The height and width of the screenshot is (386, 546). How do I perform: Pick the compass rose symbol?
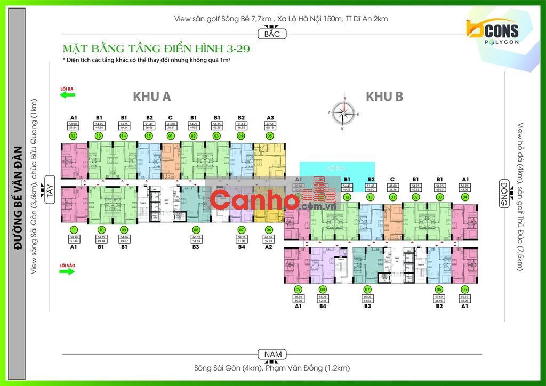click(x=344, y=112)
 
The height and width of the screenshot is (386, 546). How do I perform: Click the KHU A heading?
click(x=152, y=96)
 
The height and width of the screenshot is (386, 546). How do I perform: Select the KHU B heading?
click(x=384, y=96)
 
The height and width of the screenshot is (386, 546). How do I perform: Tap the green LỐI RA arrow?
click(x=68, y=95)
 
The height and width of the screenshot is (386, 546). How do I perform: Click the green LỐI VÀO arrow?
click(x=68, y=271)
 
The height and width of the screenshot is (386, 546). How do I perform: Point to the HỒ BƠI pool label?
click(x=337, y=167)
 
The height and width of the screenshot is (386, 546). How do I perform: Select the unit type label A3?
click(x=270, y=117)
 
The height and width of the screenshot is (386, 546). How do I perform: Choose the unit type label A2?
click(x=270, y=247)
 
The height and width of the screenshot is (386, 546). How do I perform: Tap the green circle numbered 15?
click(x=149, y=136)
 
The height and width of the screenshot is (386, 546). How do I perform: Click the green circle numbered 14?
click(x=124, y=136)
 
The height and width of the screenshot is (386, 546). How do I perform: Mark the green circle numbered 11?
click(x=74, y=230)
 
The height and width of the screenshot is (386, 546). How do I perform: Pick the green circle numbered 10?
click(x=100, y=230)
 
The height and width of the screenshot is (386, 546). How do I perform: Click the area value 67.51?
click(x=270, y=124)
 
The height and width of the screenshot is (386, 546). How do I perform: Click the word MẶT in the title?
click(x=73, y=50)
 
